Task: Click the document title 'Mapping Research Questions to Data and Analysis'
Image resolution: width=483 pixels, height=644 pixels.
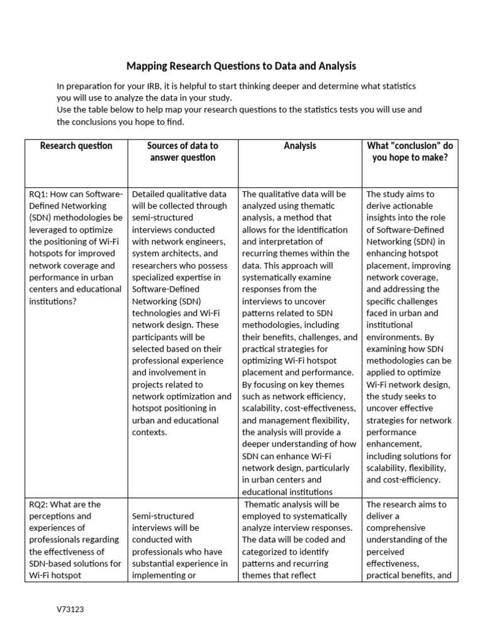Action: click(241, 65)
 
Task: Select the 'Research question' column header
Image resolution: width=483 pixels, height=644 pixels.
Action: click(76, 146)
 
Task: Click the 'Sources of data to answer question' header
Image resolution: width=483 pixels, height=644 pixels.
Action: click(182, 152)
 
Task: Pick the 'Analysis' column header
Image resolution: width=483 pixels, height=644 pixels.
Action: click(300, 146)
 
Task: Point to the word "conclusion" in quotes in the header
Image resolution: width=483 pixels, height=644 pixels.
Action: click(416, 146)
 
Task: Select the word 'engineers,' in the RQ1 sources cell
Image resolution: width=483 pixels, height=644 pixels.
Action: click(206, 241)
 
